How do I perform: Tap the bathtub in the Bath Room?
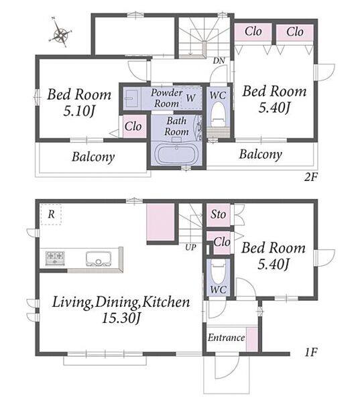(176, 154)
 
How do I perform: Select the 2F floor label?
(310, 177)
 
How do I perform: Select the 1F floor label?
(311, 352)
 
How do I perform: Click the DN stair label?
(219, 61)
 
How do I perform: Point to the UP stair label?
(190, 247)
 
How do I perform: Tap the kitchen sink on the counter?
(99, 259)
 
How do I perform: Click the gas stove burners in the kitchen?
(55, 258)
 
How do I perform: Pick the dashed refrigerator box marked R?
(51, 214)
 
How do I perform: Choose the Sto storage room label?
(218, 214)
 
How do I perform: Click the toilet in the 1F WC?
(218, 272)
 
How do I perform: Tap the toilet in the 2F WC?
(219, 115)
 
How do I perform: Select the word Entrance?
(226, 338)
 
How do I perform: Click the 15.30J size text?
(121, 318)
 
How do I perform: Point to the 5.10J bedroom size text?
(79, 111)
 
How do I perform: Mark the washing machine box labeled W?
(190, 98)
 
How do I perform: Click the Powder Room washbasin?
(131, 98)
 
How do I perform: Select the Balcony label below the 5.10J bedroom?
(93, 157)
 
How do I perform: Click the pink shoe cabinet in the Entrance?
(252, 339)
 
